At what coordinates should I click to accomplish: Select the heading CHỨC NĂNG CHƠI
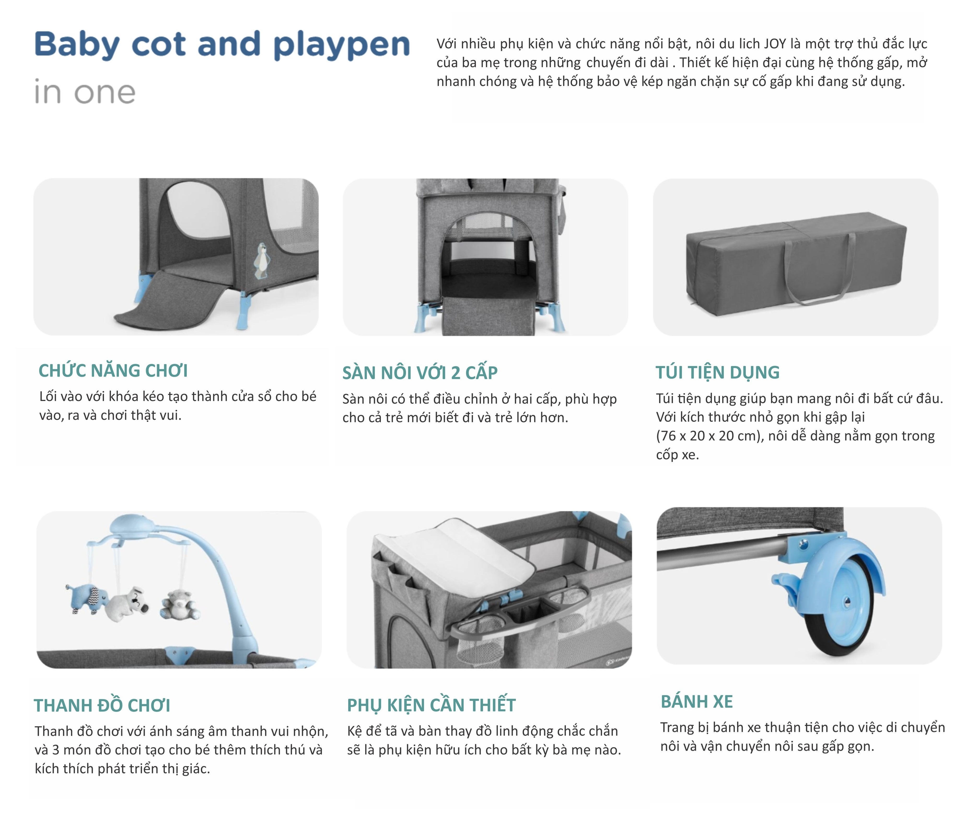tap(113, 371)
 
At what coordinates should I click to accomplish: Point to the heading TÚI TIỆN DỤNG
tap(717, 373)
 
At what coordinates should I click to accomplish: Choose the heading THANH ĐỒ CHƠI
tap(102, 706)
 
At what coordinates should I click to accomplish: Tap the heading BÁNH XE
tap(697, 701)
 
